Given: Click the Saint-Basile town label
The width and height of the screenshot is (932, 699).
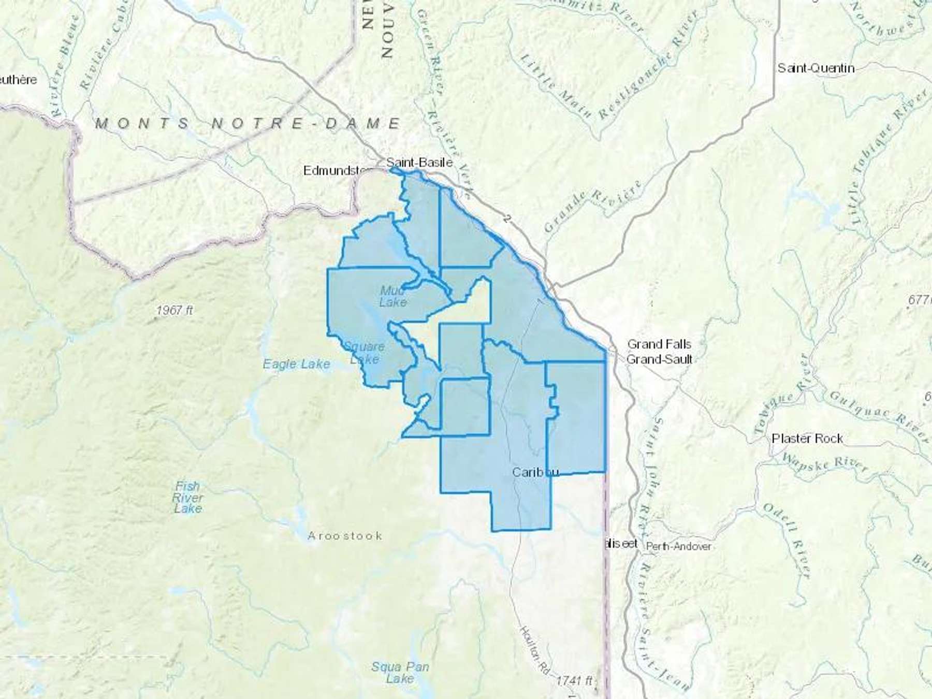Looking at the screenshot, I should [x=419, y=163].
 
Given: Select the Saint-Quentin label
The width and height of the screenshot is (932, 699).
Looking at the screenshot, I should [x=816, y=68].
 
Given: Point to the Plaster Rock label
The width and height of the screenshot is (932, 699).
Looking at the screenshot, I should [x=807, y=439].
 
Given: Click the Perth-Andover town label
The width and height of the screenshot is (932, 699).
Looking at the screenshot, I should [x=679, y=546].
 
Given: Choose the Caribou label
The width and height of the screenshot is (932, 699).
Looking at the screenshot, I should [x=535, y=472].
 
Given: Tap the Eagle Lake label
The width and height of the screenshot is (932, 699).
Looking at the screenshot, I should [x=296, y=365].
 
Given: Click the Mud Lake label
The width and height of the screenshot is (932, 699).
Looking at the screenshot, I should [x=393, y=296].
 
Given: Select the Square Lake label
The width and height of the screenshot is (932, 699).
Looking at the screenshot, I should [x=365, y=353].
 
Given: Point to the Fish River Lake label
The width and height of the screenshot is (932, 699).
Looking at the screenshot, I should [x=187, y=497].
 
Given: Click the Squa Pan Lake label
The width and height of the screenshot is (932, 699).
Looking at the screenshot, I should [x=400, y=672].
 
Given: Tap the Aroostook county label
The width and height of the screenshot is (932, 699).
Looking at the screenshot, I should [x=345, y=536].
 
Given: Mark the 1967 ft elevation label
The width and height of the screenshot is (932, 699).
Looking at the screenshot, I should [x=174, y=310].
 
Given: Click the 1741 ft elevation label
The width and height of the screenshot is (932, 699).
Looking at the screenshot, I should [x=574, y=681].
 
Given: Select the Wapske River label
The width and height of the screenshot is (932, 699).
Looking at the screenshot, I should [x=824, y=462].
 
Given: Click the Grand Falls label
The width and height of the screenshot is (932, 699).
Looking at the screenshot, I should [x=659, y=344].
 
